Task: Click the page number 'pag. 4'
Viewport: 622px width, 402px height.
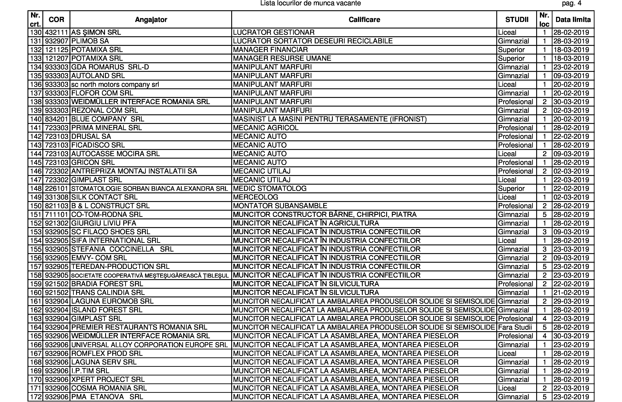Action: coord(572,3)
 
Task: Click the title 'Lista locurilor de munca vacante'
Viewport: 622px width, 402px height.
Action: coord(310,3)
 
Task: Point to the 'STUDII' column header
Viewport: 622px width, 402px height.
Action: coord(517,20)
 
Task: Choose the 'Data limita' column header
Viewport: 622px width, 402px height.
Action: coord(573,20)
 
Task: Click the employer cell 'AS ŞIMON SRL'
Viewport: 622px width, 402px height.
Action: coord(96,32)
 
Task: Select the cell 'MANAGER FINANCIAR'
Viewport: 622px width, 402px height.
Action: coord(270,50)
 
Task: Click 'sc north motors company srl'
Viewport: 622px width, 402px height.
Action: coord(115,84)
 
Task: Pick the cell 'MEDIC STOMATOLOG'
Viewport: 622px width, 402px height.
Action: coord(270,188)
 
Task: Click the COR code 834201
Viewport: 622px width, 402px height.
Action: coord(56,119)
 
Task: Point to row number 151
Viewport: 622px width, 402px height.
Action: coord(36,214)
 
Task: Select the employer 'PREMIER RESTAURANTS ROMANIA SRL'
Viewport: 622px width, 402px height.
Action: coord(139,327)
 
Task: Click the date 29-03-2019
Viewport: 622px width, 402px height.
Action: coord(571,301)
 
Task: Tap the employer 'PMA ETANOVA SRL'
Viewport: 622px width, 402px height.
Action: coord(107,397)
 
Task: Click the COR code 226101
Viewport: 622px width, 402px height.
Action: coord(56,188)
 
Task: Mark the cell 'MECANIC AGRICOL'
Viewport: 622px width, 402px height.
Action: coord(266,128)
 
